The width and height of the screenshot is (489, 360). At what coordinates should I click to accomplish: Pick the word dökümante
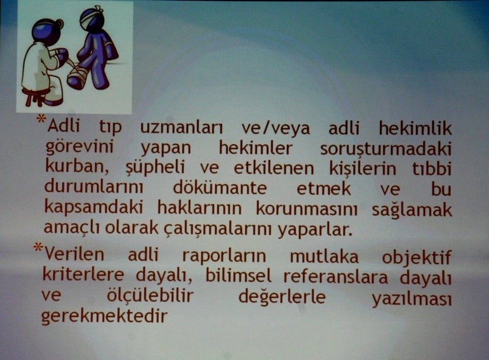point(220,189)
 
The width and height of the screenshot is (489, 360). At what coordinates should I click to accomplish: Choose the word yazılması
point(411,298)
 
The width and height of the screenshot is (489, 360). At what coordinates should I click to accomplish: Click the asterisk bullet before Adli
point(41,121)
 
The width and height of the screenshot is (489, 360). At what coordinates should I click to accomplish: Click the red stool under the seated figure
point(36,97)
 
